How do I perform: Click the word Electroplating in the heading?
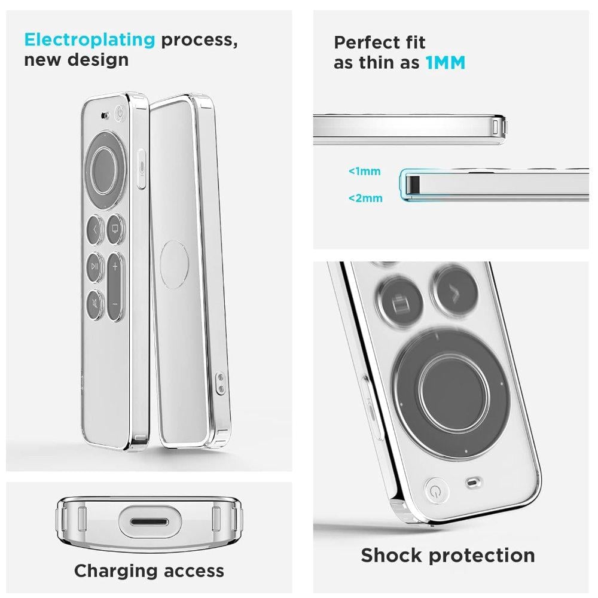(x=90, y=39)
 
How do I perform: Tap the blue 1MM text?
(x=446, y=63)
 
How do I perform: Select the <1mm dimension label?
(x=365, y=171)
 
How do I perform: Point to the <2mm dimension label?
(x=365, y=199)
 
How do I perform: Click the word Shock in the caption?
(x=392, y=556)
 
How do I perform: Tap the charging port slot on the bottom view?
(x=149, y=521)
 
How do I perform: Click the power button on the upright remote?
(x=120, y=114)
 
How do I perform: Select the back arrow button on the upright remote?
(x=94, y=230)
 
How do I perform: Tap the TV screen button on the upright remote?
(x=115, y=229)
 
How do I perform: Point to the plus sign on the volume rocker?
(x=115, y=267)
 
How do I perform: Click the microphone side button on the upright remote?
(x=141, y=168)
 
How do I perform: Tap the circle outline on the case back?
(x=174, y=264)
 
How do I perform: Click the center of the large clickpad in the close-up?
(x=453, y=393)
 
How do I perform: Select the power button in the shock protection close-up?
(x=436, y=490)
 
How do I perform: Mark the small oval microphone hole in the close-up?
(x=473, y=483)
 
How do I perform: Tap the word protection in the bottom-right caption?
(x=481, y=556)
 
